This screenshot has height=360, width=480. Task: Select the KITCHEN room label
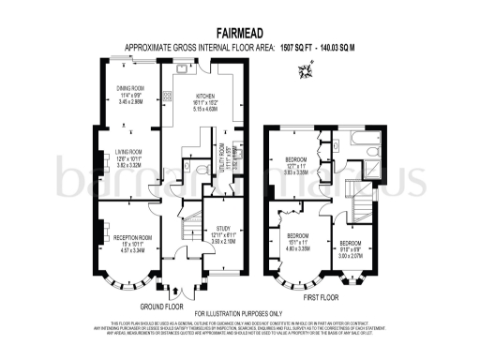coord(206,97)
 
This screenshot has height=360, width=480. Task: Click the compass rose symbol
coord(304,69)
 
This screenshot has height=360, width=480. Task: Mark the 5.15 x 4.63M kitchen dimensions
coord(206,109)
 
